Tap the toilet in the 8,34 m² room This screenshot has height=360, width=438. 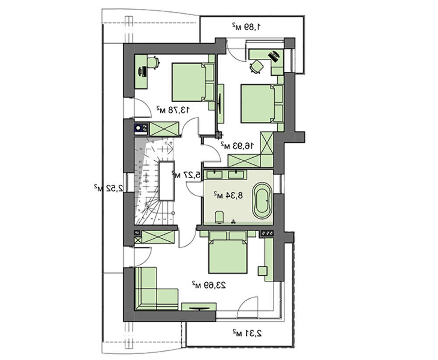(219, 217)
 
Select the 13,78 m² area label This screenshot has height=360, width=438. (173, 109)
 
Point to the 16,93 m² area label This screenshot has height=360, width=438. (237, 145)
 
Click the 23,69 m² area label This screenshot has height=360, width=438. (208, 285)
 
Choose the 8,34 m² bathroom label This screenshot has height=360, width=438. (228, 194)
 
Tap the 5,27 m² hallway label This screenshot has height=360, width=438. (186, 175)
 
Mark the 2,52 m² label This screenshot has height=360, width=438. (108, 188)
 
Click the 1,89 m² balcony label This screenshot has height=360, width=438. (246, 27)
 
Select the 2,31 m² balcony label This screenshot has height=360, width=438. (247, 333)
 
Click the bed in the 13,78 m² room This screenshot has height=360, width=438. (193, 82)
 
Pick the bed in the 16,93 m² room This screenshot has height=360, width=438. (262, 104)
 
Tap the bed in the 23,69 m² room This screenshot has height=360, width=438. (228, 252)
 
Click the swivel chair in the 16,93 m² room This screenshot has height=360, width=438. (256, 67)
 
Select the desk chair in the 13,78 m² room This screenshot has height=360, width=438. (153, 62)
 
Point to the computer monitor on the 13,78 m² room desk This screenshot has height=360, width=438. (141, 71)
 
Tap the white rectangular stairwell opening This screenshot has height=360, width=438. (167, 180)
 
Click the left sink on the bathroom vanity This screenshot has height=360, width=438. (215, 175)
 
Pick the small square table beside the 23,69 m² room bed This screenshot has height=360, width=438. (263, 271)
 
